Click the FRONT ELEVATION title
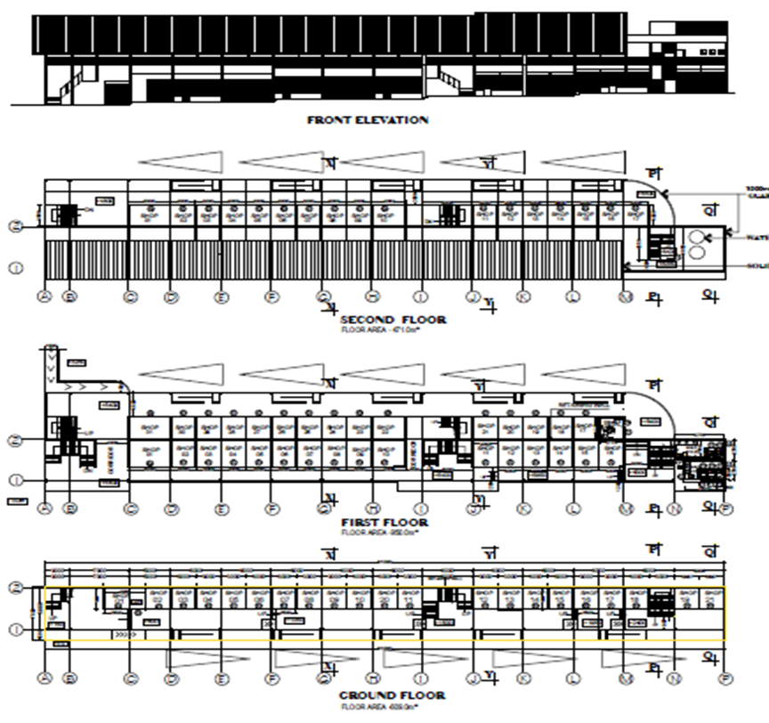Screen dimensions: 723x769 coord(367,119)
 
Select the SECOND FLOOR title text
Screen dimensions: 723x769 coord(393,319)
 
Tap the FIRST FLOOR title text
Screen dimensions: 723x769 coord(384,522)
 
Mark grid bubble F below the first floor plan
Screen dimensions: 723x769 coord(271,509)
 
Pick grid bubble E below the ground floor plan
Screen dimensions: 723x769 coord(222,678)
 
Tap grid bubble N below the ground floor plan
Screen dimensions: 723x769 coord(674,678)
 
